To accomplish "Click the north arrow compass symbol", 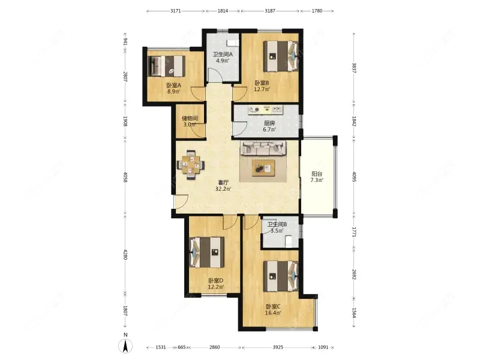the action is coord(125,346).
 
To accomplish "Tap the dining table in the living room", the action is coord(191,165).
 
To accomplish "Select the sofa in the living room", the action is coord(263,148).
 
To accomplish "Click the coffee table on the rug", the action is coord(263,168).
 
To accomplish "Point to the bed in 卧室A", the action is coord(166,65).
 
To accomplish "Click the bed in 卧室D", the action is coord(206,252).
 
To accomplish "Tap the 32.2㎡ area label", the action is coord(223,189).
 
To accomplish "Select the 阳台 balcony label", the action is coord(317,174).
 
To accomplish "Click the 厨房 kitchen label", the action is coord(269,123).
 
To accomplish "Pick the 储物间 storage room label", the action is coord(190,118).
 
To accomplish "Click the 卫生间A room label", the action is coord(223,55).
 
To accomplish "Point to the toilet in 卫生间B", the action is coord(289,241).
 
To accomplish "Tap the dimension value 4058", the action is coord(125,177).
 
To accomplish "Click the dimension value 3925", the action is coord(278,347).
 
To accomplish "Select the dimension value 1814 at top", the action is coord(223,11).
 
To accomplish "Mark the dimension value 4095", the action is coord(354,177).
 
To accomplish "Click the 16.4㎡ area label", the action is coord(273,313).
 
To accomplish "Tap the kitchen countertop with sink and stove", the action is coord(265,109).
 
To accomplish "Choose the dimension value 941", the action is coord(125,41).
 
